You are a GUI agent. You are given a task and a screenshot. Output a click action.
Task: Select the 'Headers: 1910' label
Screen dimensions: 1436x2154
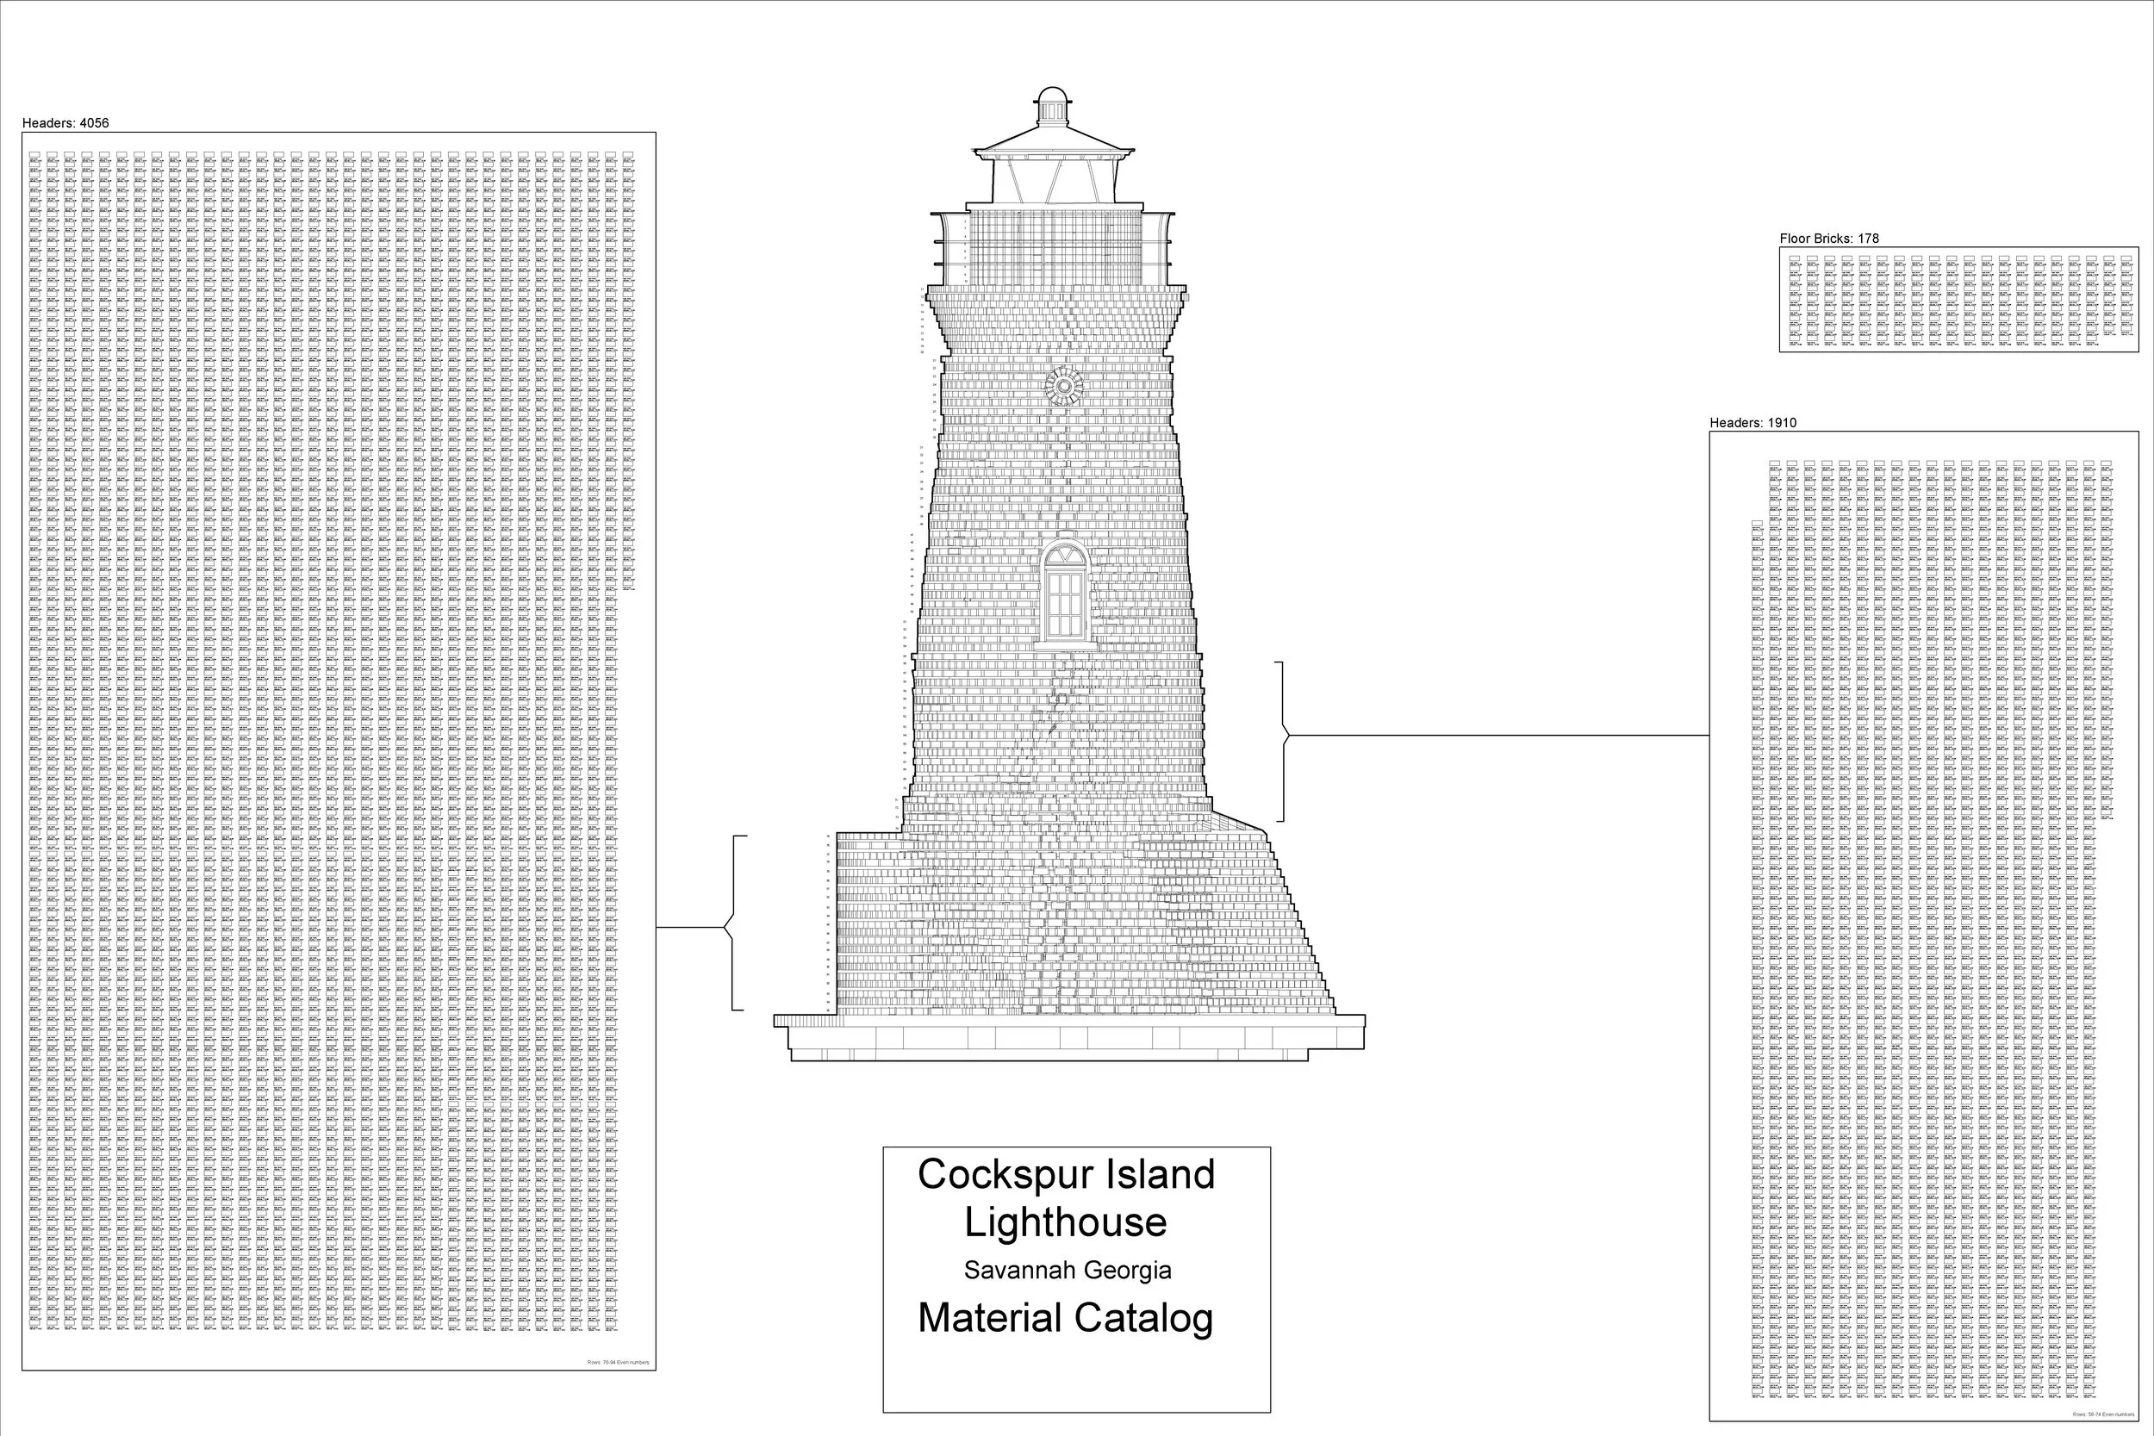pos(1752,423)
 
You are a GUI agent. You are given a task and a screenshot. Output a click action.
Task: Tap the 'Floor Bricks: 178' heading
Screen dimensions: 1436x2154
pos(1829,238)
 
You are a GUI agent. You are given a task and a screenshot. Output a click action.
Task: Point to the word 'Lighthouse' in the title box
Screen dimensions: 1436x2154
pos(1065,1222)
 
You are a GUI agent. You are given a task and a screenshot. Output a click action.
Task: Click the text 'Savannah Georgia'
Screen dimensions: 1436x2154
pos(1067,1271)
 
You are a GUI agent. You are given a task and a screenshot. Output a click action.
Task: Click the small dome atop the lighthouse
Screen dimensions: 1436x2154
pos(1053,97)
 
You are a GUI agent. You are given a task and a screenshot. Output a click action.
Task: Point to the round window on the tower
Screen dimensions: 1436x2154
pos(1063,387)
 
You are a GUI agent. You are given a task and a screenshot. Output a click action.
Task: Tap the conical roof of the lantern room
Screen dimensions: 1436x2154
pos(1053,140)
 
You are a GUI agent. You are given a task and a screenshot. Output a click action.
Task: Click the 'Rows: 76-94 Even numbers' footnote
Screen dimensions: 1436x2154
pos(618,1363)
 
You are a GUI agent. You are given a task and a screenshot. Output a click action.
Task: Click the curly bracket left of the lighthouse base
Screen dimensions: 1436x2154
pos(733,923)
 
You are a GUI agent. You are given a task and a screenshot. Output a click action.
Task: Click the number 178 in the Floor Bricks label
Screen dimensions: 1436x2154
pos(1868,238)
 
